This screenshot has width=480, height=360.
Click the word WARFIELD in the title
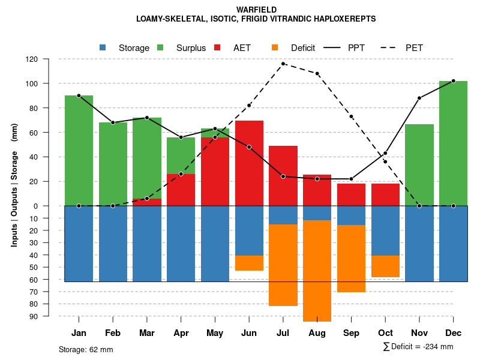tap(256, 10)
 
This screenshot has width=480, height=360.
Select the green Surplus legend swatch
tap(161, 47)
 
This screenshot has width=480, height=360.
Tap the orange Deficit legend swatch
tap(275, 47)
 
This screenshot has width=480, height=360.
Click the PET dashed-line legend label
tap(414, 47)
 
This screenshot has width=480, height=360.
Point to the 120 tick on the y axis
tap(49, 59)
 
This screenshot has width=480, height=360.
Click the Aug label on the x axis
tap(317, 333)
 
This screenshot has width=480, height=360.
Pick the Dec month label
tap(453, 333)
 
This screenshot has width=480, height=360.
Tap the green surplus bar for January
tap(79, 150)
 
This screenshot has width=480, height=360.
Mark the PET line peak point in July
tap(283, 64)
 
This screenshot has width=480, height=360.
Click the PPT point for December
tap(453, 80)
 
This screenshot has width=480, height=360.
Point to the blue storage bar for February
tap(113, 244)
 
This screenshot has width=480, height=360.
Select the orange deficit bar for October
tap(385, 266)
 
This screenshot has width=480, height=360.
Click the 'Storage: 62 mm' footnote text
tap(86, 349)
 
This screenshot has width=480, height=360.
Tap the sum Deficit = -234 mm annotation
tap(418, 347)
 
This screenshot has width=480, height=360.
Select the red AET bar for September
tap(351, 194)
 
